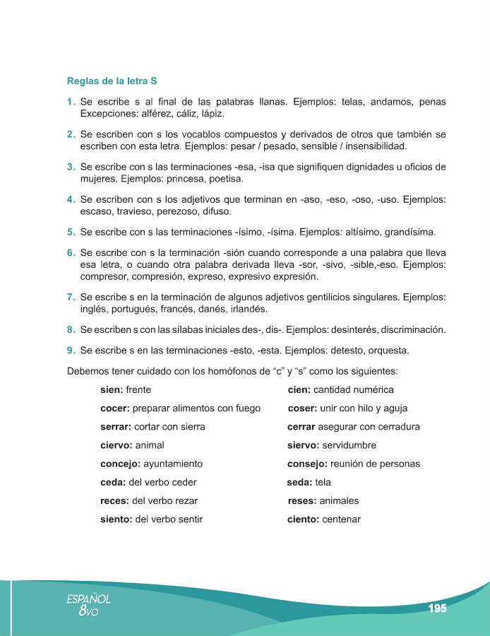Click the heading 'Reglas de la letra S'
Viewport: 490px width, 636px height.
pyautogui.click(x=112, y=81)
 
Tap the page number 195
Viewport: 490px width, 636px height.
pyautogui.click(x=437, y=608)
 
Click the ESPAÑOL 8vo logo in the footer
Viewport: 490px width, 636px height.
pyautogui.click(x=88, y=605)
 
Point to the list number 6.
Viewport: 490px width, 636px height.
pyautogui.click(x=71, y=252)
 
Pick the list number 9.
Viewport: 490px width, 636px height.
pyautogui.click(x=71, y=350)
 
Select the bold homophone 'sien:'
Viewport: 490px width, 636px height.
pyautogui.click(x=112, y=390)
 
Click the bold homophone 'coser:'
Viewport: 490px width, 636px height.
pyautogui.click(x=302, y=408)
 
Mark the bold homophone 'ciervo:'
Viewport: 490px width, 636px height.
pyautogui.click(x=116, y=445)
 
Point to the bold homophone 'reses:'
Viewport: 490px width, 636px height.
pyautogui.click(x=302, y=501)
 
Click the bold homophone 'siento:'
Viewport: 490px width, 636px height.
pyautogui.click(x=116, y=519)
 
